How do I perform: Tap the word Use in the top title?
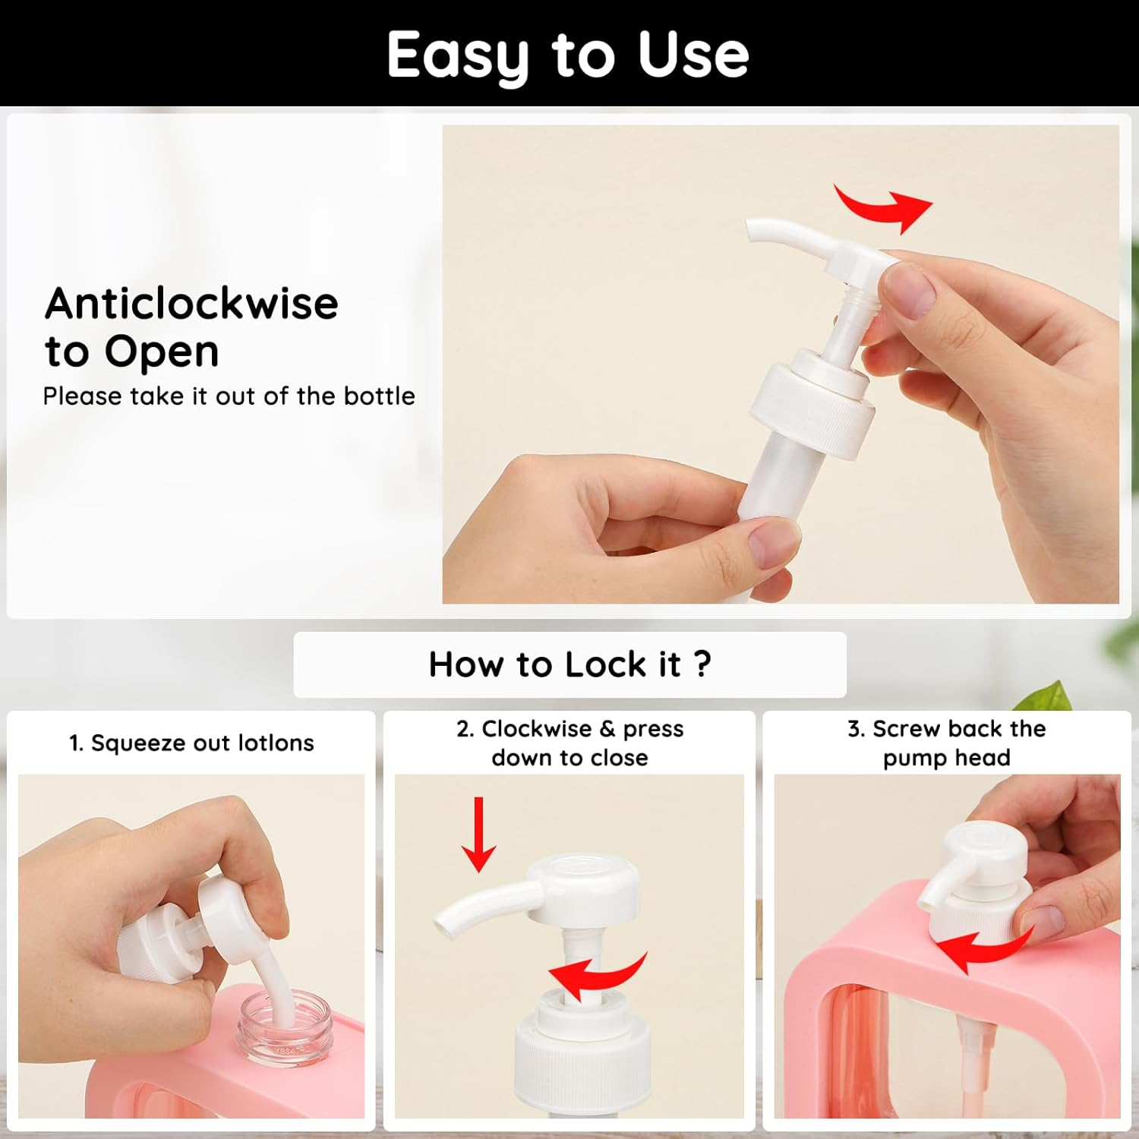(693, 55)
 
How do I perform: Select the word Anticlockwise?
(191, 303)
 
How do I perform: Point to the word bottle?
(379, 396)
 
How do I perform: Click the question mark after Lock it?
(702, 664)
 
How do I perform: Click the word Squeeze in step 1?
(138, 743)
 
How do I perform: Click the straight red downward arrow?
(478, 834)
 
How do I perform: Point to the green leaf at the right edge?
(1052, 696)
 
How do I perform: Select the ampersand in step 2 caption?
(607, 729)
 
